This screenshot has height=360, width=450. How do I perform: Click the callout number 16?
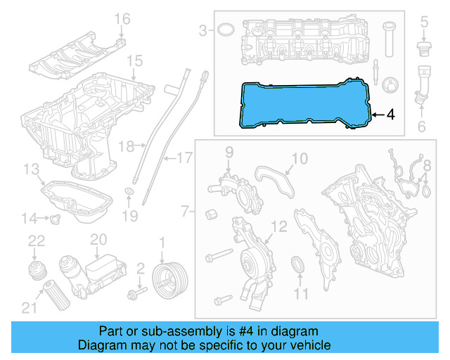[x=122, y=18]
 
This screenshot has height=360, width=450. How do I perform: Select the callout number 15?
[x=134, y=60]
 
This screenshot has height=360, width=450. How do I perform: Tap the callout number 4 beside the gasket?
[x=391, y=114]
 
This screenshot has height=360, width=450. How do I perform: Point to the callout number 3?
[x=204, y=30]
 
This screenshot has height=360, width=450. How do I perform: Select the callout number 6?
[x=422, y=127]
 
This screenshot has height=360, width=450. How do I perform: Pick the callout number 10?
[x=300, y=160]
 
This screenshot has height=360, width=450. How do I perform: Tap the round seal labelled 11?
[x=299, y=266]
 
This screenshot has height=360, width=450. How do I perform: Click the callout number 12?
[x=279, y=226]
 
